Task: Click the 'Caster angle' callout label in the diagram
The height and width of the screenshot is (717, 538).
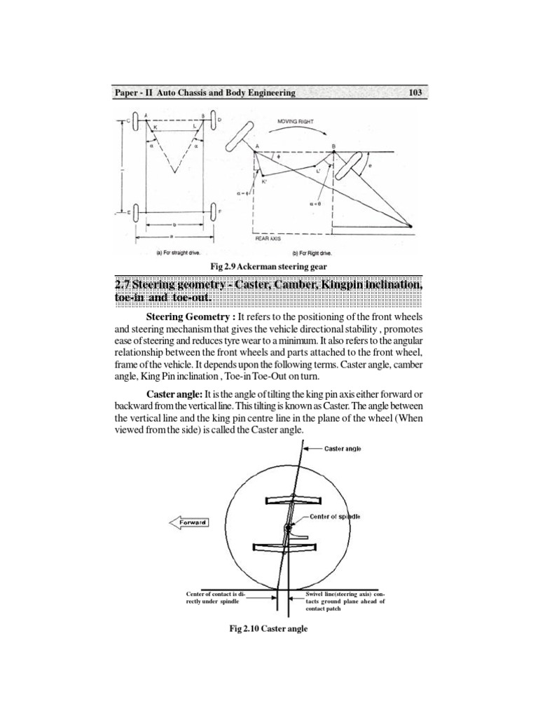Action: pos(343,448)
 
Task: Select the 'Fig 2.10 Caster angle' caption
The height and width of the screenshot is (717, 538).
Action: pos(269,629)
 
